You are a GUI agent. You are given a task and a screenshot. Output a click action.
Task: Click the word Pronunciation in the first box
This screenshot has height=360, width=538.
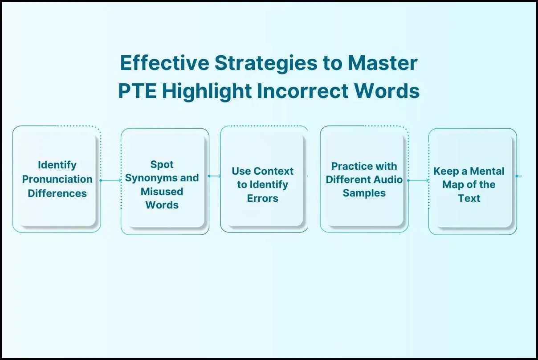pos(57,179)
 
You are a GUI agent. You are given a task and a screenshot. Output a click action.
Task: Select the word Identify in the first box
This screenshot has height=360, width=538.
pos(57,165)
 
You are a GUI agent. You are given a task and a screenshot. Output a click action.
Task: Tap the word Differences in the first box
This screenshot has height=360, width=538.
pos(57,193)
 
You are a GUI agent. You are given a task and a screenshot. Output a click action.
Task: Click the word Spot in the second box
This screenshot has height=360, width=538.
pos(162,164)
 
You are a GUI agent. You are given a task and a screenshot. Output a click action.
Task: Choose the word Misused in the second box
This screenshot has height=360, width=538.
pos(162,192)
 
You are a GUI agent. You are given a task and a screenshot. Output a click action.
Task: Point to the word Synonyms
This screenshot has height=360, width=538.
pos(147,178)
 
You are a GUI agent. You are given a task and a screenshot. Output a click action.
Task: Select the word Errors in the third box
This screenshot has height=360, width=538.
pos(263,198)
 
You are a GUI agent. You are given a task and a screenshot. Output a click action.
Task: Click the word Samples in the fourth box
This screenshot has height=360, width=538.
pos(364,193)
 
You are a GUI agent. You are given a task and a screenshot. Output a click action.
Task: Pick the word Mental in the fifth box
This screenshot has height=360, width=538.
pos(487,171)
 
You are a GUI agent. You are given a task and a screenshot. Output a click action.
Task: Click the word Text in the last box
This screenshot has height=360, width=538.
pos(469,198)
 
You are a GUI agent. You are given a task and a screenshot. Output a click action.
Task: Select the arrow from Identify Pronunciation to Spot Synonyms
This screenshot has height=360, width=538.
pos(111,180)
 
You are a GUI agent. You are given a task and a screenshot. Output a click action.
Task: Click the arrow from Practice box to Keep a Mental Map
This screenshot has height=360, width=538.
pos(418,180)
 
